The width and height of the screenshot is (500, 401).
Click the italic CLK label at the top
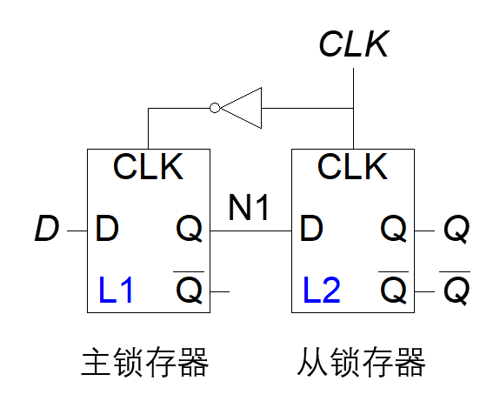[354, 43]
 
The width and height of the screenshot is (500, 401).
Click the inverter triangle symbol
[241, 108]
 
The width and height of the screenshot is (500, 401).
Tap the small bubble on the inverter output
[215, 108]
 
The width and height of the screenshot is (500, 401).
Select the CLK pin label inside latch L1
[149, 166]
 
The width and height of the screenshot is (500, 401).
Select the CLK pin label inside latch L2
[353, 166]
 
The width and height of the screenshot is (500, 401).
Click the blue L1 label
[116, 290]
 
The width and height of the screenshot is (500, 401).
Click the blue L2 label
[322, 290]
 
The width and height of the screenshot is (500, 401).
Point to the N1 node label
[249, 207]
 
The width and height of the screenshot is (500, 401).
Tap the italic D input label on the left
[47, 228]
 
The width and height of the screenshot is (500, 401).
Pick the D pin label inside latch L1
[107, 228]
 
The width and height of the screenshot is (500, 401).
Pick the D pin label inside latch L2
[311, 228]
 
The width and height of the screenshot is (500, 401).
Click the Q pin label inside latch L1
[189, 229]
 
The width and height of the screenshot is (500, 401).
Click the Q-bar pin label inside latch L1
[189, 288]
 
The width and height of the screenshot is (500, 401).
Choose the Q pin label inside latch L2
[394, 229]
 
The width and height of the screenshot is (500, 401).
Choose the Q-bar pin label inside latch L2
[394, 288]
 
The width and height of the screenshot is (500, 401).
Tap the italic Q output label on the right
[457, 229]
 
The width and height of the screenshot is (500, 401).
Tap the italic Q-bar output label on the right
[456, 288]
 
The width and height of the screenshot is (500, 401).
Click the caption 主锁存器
[145, 363]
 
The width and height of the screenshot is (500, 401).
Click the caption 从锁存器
[361, 363]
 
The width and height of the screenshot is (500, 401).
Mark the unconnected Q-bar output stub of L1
[220, 291]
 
